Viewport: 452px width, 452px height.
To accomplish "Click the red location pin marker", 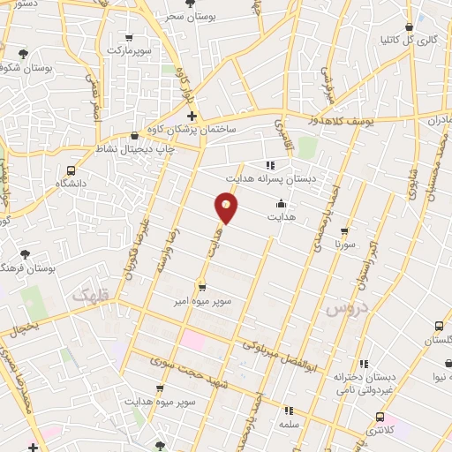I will (x=227, y=208).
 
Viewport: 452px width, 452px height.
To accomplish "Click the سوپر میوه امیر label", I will (x=202, y=301).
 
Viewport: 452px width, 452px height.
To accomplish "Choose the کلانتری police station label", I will (x=380, y=430).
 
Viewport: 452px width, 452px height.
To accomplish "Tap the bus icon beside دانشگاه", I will (x=72, y=170).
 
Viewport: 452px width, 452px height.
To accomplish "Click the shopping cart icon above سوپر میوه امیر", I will (x=202, y=288).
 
